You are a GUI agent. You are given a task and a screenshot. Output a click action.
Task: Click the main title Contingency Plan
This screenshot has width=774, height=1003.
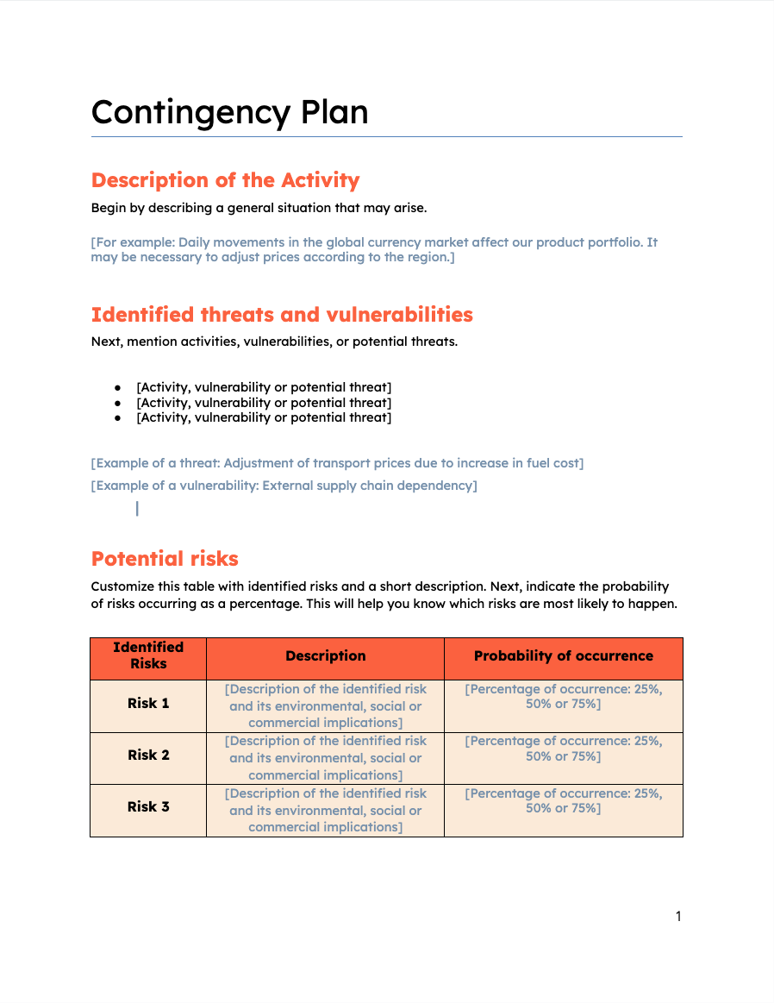(x=229, y=112)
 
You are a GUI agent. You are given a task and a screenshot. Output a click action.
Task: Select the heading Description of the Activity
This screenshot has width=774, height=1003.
(x=225, y=180)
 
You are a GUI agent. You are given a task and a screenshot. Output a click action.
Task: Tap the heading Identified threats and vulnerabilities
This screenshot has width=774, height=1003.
(x=282, y=315)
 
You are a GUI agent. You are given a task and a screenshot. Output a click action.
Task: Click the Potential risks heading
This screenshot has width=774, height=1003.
(x=165, y=559)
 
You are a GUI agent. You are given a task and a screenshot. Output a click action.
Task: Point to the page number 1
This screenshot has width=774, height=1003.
(x=678, y=916)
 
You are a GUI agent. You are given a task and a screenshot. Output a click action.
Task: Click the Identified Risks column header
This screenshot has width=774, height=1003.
(x=148, y=655)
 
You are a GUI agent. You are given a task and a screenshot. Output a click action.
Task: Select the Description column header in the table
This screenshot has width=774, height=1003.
(x=325, y=656)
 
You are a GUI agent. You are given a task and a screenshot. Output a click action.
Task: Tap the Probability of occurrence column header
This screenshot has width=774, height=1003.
(x=563, y=656)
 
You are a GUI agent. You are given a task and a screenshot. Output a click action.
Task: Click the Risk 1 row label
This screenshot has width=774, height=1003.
(x=148, y=703)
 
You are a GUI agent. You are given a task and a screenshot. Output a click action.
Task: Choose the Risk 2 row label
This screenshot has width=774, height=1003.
(x=148, y=755)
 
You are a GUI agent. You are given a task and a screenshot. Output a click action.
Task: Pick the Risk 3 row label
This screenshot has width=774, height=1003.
(x=148, y=806)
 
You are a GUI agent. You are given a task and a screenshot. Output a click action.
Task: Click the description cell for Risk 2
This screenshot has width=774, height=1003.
(x=325, y=757)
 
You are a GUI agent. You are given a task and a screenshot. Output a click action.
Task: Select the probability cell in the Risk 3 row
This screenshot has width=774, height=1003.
(x=563, y=800)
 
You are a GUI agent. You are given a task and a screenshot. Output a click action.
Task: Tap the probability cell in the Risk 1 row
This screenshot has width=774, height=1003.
(x=563, y=697)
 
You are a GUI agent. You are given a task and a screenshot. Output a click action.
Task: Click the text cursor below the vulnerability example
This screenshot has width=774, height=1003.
(x=137, y=509)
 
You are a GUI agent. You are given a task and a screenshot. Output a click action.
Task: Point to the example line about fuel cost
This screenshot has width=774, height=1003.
(x=337, y=463)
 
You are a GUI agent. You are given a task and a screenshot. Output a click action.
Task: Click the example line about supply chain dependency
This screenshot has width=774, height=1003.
(x=284, y=486)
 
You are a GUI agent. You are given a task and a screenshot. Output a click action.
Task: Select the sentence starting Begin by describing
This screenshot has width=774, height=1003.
(x=259, y=208)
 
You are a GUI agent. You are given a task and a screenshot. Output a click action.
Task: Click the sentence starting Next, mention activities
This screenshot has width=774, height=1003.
(x=274, y=342)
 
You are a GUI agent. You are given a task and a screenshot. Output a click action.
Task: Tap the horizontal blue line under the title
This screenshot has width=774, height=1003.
(x=386, y=136)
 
